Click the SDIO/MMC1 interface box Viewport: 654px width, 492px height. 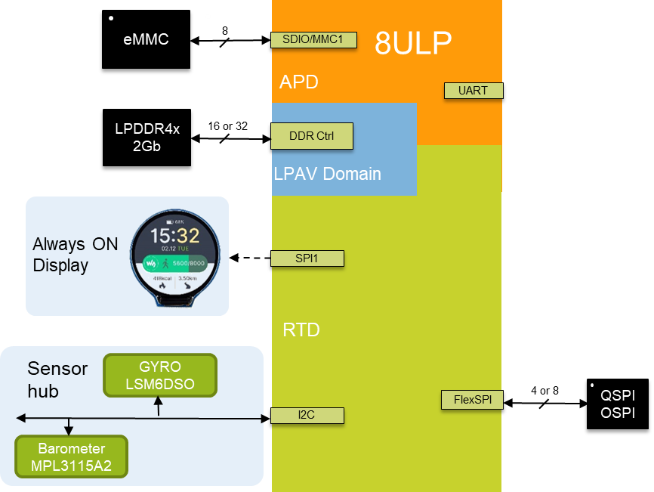(313, 40)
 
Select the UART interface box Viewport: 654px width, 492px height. (473, 91)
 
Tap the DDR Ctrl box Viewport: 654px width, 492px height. (312, 136)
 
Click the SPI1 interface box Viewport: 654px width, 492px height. (307, 258)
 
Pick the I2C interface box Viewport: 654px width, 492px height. (307, 415)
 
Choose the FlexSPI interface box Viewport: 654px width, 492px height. (472, 400)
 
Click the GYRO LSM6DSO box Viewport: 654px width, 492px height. (160, 375)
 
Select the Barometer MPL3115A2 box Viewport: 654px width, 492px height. (72, 457)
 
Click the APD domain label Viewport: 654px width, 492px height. (299, 82)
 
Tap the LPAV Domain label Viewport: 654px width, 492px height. (328, 174)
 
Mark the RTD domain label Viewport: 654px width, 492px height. (301, 330)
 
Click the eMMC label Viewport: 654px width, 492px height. (146, 39)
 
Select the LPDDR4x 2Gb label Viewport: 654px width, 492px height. (147, 138)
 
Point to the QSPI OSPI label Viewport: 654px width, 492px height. (617, 404)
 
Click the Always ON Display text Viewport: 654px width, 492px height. (75, 255)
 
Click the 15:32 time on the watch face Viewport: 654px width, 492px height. (174, 236)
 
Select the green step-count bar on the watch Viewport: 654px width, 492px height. (174, 263)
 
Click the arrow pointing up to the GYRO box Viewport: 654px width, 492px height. (158, 407)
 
